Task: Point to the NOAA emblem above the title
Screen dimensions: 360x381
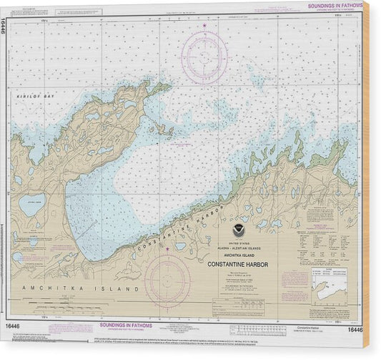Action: [238, 230]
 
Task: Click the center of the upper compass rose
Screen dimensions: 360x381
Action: [204, 54]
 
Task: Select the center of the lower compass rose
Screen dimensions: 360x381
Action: [167, 279]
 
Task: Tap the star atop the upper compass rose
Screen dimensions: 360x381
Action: [204, 26]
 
